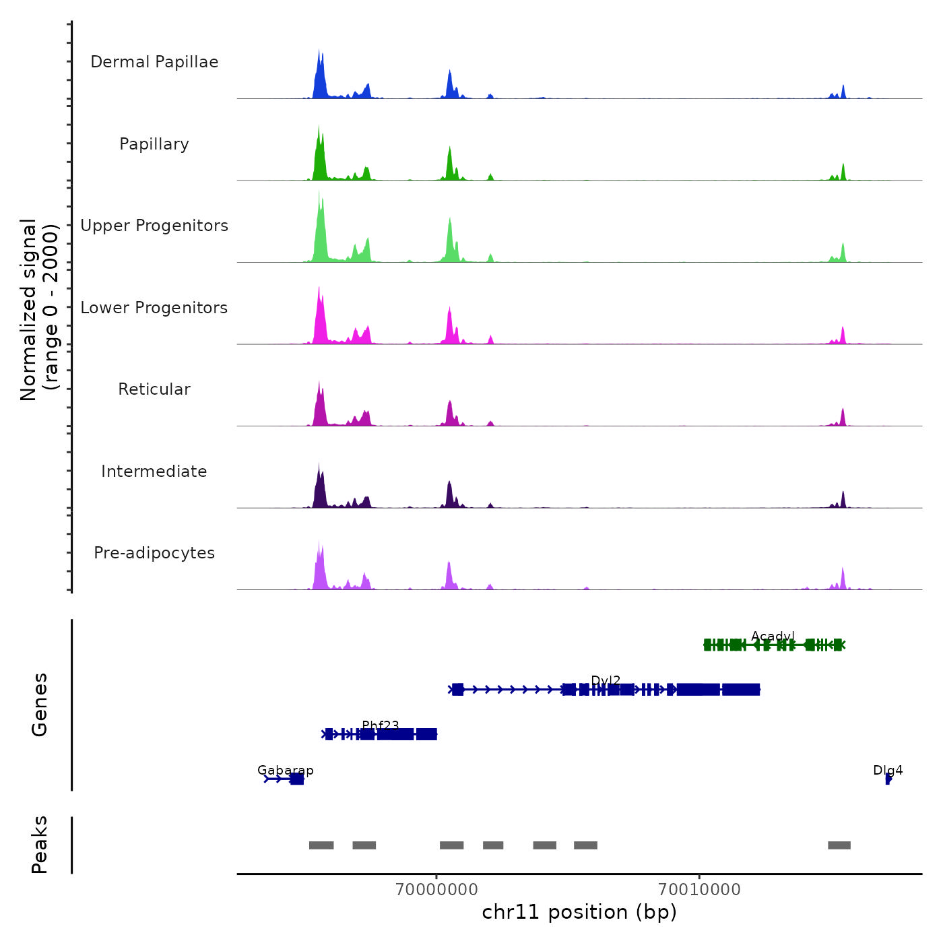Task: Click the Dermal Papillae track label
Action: pyautogui.click(x=154, y=62)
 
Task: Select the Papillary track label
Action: pyautogui.click(x=154, y=144)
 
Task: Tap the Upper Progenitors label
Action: pyautogui.click(x=154, y=226)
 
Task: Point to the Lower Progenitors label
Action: pyautogui.click(x=154, y=308)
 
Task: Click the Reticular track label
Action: pyautogui.click(x=154, y=389)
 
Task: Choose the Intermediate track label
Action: pyautogui.click(x=154, y=471)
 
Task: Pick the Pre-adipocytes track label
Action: pyautogui.click(x=154, y=553)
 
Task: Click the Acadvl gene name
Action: pyautogui.click(x=773, y=636)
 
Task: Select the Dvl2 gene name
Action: pyautogui.click(x=606, y=680)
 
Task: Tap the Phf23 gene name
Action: pyautogui.click(x=381, y=725)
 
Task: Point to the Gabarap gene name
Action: pyautogui.click(x=286, y=770)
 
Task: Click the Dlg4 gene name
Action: pyautogui.click(x=888, y=770)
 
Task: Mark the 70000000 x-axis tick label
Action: pyautogui.click(x=436, y=889)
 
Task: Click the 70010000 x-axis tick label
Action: pyautogui.click(x=699, y=889)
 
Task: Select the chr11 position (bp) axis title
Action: pyautogui.click(x=579, y=912)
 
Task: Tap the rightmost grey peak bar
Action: pyautogui.click(x=839, y=845)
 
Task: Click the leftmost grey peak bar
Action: pyautogui.click(x=321, y=845)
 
